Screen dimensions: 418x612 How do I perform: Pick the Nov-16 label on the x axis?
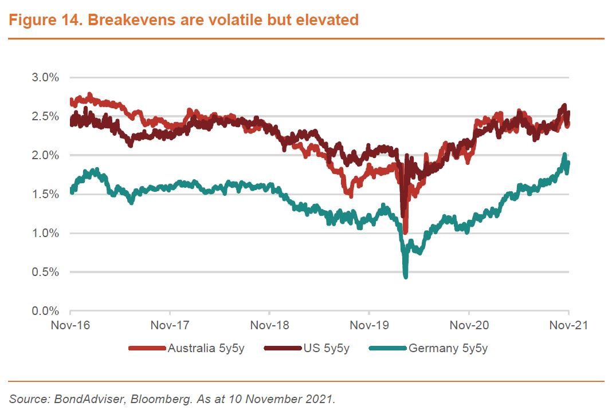tap(70, 325)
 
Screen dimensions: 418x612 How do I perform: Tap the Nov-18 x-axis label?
tap(269, 325)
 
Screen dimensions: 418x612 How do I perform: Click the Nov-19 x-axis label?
tap(369, 325)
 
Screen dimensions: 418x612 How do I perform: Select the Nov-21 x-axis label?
tap(568, 325)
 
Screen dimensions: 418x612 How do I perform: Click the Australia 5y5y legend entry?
tap(206, 348)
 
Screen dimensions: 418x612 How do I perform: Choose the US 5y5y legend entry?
tap(328, 348)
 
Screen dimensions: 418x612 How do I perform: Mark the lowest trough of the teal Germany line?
tap(406, 277)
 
